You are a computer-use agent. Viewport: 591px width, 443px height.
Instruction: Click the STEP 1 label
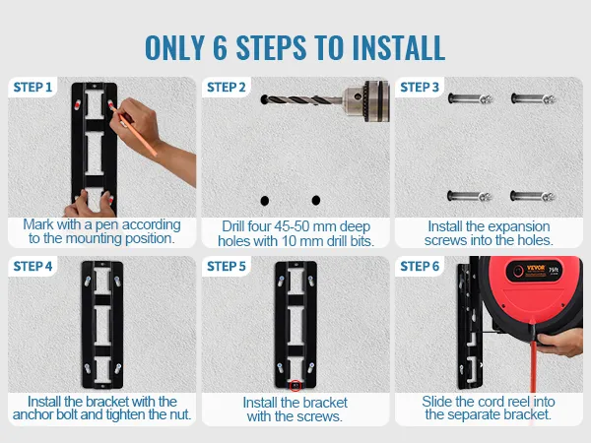pyautogui.click(x=33, y=88)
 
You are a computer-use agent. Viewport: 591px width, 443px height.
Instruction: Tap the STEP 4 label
pyautogui.click(x=33, y=267)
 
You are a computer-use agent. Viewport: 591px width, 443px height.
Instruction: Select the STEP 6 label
pyautogui.click(x=420, y=267)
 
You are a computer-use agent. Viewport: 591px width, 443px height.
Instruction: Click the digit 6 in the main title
pyautogui.click(x=220, y=48)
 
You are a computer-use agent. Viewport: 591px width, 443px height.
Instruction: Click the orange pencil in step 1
pyautogui.click(x=133, y=130)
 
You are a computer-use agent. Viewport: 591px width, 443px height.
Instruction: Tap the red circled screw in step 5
pyautogui.click(x=295, y=385)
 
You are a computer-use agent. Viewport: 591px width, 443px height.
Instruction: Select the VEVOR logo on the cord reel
pyautogui.click(x=536, y=268)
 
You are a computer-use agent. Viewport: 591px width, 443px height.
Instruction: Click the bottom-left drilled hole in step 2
pyautogui.click(x=265, y=201)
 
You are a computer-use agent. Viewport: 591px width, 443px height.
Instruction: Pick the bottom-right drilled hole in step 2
pyautogui.click(x=316, y=201)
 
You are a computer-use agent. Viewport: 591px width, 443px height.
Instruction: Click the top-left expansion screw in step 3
pyautogui.click(x=471, y=99)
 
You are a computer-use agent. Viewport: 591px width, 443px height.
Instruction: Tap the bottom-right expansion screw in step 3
pyautogui.click(x=533, y=196)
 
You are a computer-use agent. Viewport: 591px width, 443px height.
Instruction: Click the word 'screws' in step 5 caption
pyautogui.click(x=315, y=416)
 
